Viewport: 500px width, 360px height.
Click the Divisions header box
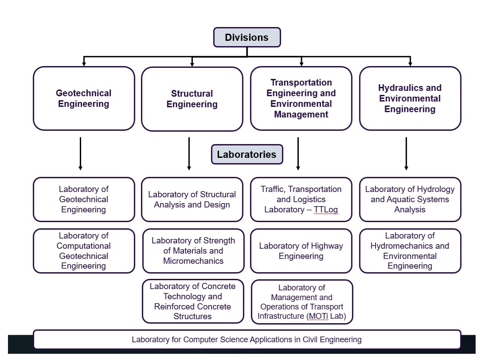pyautogui.click(x=247, y=37)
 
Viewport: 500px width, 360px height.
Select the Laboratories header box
pyautogui.click(x=247, y=154)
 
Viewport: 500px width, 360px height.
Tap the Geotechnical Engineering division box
pyautogui.click(x=84, y=98)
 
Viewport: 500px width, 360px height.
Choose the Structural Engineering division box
pyautogui.click(x=192, y=99)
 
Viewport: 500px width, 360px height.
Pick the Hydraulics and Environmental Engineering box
pyautogui.click(x=410, y=98)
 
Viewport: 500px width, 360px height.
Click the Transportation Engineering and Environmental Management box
pyautogui.click(x=301, y=98)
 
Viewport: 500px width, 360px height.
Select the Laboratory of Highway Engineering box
pyautogui.click(x=301, y=251)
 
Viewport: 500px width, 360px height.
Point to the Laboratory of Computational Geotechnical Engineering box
pyautogui.click(x=84, y=251)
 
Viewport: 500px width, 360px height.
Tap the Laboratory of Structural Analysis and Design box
pyautogui.click(x=192, y=200)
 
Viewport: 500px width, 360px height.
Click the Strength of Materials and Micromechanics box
pyautogui.click(x=193, y=251)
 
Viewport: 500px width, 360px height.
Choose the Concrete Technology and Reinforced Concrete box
pyautogui.click(x=193, y=301)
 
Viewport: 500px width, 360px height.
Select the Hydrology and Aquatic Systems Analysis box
pyautogui.click(x=410, y=200)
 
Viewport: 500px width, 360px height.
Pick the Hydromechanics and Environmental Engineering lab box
pyautogui.click(x=410, y=251)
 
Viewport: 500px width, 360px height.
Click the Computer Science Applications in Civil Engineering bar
pyautogui.click(x=247, y=340)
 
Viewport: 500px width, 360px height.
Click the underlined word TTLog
pyautogui.click(x=325, y=210)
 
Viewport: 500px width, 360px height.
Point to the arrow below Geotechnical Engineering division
pyautogui.click(x=80, y=154)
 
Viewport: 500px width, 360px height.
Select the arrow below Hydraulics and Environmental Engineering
pyautogui.click(x=406, y=154)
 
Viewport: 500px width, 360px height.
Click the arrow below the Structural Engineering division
pyautogui.click(x=189, y=154)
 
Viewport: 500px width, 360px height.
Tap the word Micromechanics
pyautogui.click(x=193, y=261)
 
